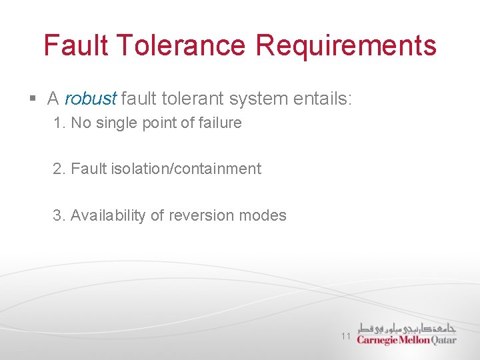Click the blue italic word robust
(x=91, y=99)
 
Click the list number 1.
(x=58, y=123)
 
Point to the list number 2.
(x=59, y=169)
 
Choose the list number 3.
(x=59, y=216)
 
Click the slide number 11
(x=345, y=336)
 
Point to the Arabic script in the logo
(x=407, y=328)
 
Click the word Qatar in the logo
(x=444, y=340)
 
